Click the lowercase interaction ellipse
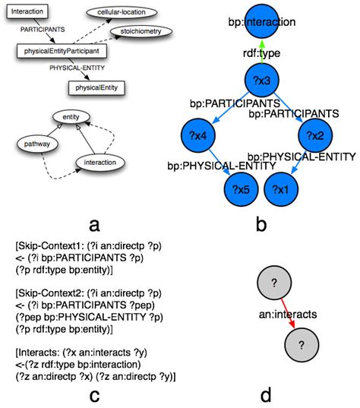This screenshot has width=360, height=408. [x=99, y=162]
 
